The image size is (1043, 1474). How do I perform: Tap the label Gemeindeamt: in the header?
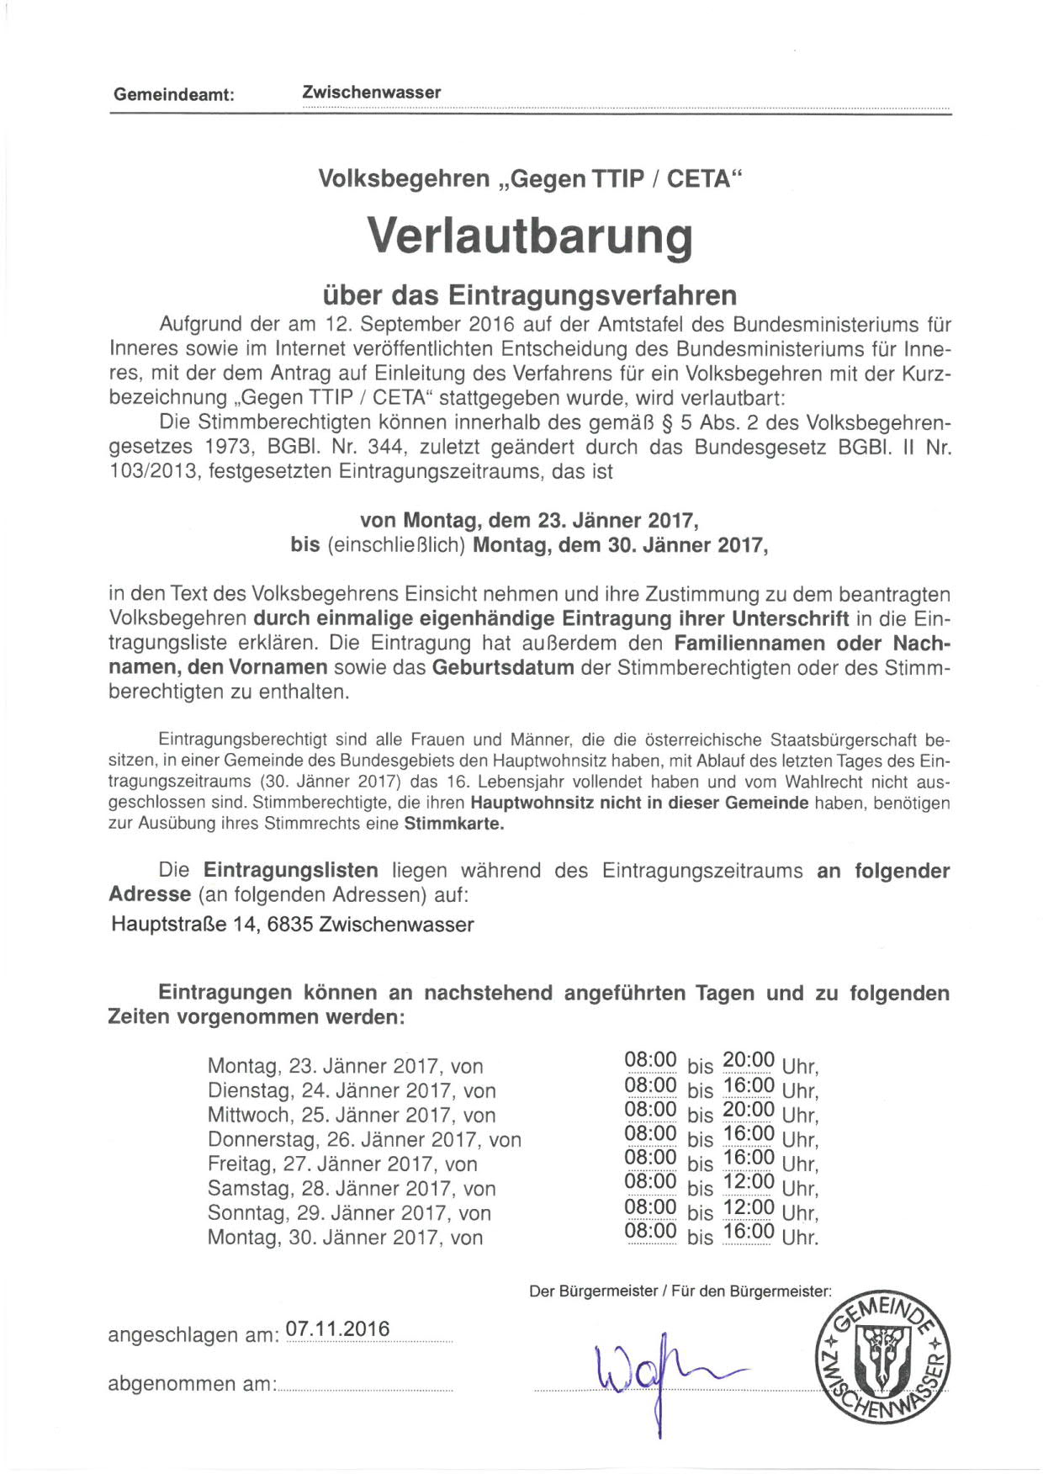pos(173,95)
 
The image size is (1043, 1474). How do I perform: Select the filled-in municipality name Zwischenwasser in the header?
pos(371,93)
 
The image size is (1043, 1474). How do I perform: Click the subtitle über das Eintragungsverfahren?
pos(530,295)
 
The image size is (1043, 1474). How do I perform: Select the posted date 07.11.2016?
pos(338,1329)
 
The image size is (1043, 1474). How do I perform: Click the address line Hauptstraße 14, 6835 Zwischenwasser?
pos(292,925)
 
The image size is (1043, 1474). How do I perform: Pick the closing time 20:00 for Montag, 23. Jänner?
pos(748,1060)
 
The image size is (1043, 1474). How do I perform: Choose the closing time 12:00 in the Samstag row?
pos(748,1182)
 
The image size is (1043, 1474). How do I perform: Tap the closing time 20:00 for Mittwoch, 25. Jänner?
pos(748,1109)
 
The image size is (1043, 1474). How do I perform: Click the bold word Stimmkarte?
pos(453,824)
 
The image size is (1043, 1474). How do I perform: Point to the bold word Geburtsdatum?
pos(503,668)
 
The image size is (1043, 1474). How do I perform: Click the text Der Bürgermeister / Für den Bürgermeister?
pos(680,1291)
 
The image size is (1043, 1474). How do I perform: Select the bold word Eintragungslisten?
pos(290,870)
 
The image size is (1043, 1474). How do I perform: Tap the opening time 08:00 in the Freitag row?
pos(650,1158)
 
